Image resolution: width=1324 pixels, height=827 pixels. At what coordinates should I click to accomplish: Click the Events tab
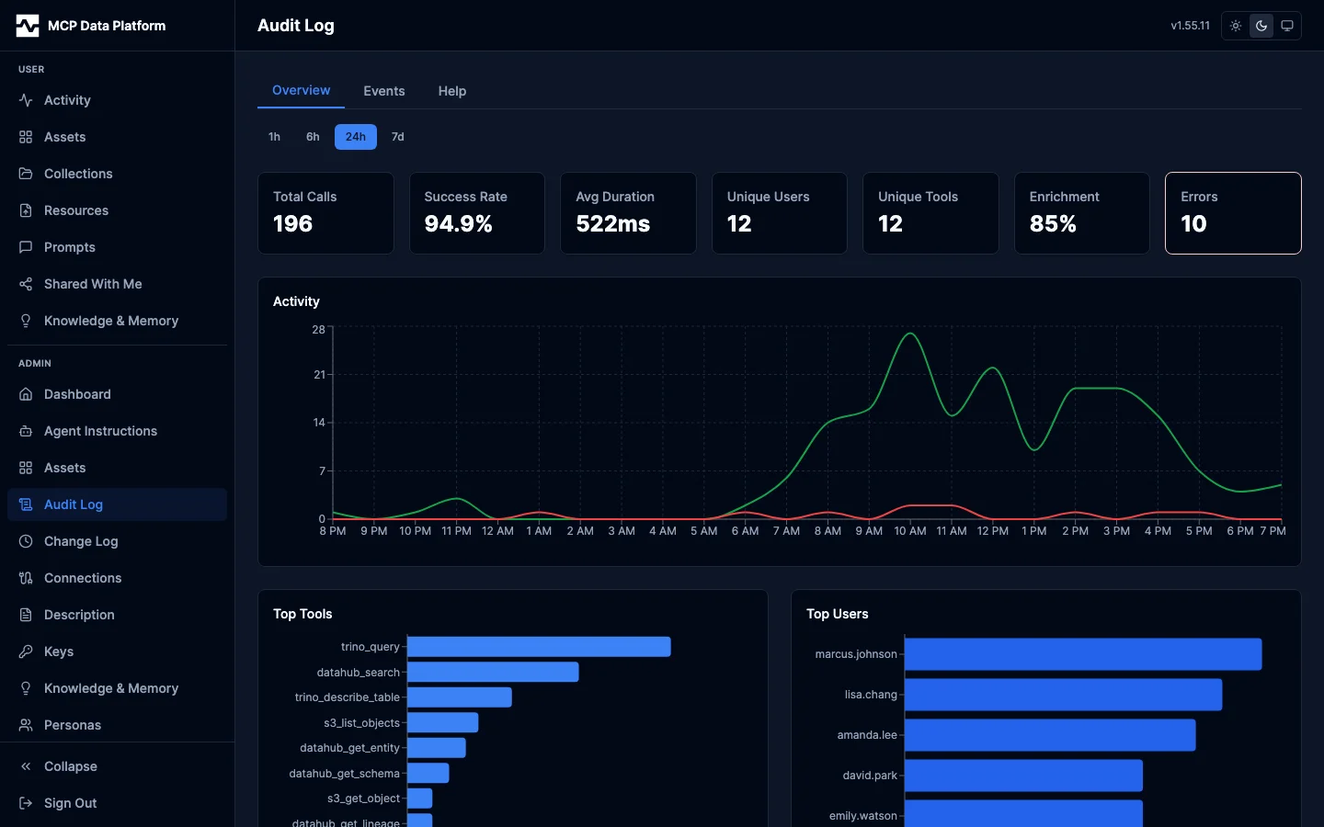pos(383,91)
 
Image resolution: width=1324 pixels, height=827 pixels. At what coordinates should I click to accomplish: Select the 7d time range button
pos(397,137)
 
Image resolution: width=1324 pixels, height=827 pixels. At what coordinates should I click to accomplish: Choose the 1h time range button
pos(274,137)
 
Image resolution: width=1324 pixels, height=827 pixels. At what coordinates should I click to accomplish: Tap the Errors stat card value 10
pos(1193,224)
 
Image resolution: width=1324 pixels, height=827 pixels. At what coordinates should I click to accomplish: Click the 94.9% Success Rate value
pos(458,224)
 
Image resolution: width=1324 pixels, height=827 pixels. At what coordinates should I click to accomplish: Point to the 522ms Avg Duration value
pos(612,224)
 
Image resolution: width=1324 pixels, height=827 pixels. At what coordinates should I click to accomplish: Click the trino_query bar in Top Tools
pos(539,647)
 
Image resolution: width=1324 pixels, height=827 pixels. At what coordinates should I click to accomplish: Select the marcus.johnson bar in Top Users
pos(1083,654)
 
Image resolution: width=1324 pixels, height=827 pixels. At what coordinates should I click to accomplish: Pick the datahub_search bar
pos(493,673)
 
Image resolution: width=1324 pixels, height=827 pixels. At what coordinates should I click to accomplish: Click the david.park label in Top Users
pos(870,776)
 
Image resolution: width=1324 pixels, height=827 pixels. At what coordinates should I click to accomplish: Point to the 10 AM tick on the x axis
pos(910,531)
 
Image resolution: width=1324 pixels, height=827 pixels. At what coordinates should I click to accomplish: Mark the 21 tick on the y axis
pos(319,375)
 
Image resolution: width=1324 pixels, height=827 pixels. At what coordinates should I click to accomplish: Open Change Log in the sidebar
pos(81,541)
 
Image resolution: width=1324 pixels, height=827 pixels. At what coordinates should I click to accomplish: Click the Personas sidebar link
pos(73,725)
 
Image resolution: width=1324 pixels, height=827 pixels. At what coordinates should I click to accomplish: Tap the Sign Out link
pos(70,803)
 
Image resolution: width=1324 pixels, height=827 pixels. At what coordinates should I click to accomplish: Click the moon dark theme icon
pos(1261,26)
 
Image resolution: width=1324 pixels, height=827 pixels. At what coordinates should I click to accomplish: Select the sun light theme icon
pos(1236,26)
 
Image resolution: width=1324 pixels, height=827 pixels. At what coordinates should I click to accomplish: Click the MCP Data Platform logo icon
pos(28,26)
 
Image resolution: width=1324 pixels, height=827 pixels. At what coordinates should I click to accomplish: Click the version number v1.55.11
pos(1190,26)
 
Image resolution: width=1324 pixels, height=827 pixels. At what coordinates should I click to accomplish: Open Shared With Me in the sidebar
pos(93,284)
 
